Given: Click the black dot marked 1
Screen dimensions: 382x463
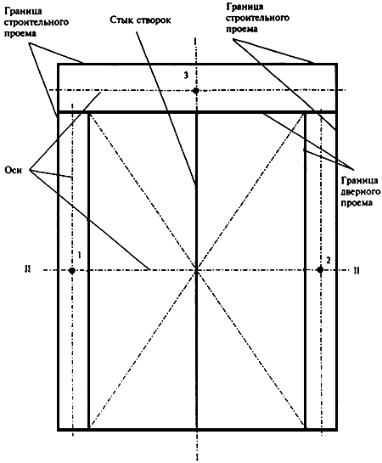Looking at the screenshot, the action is pyautogui.click(x=71, y=270).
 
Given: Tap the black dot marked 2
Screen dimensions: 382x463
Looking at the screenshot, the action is pyautogui.click(x=320, y=269).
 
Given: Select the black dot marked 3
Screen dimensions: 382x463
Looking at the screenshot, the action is pyautogui.click(x=195, y=90).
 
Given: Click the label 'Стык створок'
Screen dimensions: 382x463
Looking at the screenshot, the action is pyautogui.click(x=140, y=20).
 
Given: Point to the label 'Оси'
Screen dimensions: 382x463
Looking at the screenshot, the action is pyautogui.click(x=14, y=171).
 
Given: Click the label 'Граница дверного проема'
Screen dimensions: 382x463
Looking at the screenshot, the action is pyautogui.click(x=361, y=191).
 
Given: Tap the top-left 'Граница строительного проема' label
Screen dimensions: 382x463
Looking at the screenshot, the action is pyautogui.click(x=37, y=22).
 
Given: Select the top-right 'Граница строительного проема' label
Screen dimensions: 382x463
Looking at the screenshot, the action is pyautogui.click(x=257, y=18).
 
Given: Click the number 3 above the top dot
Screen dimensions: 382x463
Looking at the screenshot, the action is pyautogui.click(x=186, y=76).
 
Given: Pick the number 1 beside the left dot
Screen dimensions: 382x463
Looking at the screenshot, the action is pyautogui.click(x=79, y=255).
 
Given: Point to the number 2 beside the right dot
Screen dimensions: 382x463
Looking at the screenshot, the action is pyautogui.click(x=329, y=261).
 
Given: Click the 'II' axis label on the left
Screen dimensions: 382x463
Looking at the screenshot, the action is pyautogui.click(x=28, y=269).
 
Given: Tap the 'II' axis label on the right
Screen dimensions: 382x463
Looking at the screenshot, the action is pyautogui.click(x=357, y=270).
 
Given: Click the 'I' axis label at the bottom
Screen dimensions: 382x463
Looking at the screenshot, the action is pyautogui.click(x=197, y=457).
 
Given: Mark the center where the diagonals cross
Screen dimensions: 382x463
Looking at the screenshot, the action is pyautogui.click(x=196, y=270).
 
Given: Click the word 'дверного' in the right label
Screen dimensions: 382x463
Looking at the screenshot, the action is pyautogui.click(x=361, y=192).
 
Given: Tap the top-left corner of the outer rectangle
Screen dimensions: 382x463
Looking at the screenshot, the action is pyautogui.click(x=58, y=64).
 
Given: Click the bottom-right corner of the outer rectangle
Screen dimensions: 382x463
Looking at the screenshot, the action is pyautogui.click(x=336, y=429).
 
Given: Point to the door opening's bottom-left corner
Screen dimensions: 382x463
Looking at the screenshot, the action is pyautogui.click(x=88, y=428).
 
